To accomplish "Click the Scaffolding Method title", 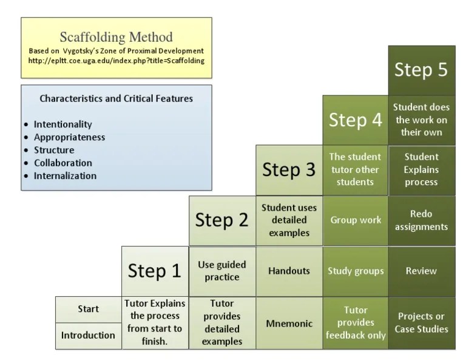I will click(116, 37).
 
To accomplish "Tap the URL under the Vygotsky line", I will click(116, 61).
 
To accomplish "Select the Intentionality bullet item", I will click(63, 124).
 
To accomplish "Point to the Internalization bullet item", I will click(65, 176).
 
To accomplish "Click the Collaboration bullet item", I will click(63, 163).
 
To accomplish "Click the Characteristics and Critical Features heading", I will click(116, 98).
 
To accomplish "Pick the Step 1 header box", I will click(155, 270).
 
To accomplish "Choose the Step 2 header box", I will click(221, 220).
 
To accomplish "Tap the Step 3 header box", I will click(288, 170).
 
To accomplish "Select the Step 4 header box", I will click(355, 120).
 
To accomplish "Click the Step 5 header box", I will click(421, 70).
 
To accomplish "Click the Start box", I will click(88, 309).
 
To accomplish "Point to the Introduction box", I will click(88, 335).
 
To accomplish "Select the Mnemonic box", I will click(288, 324).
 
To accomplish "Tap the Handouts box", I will click(288, 271).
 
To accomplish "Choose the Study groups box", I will click(355, 271).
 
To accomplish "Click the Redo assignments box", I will click(421, 220).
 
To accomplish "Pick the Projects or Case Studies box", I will click(421, 323).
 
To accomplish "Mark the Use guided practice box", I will click(221, 271).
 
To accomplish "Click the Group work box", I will click(355, 220).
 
